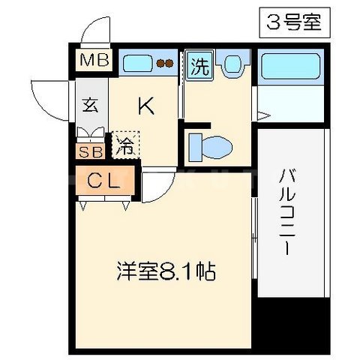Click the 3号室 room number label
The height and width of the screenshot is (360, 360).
click(294, 22)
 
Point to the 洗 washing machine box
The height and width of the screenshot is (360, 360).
click(199, 65)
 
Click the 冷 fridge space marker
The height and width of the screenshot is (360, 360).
click(124, 144)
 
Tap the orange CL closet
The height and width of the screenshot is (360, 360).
click(104, 181)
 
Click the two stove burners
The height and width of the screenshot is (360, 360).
click(169, 64)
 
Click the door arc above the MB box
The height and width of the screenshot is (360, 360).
click(96, 34)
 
